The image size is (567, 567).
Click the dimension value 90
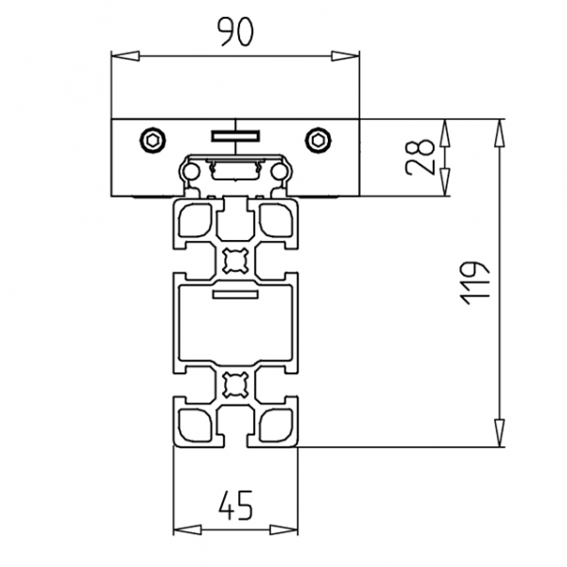(236, 33)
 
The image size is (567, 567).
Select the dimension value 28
(421, 157)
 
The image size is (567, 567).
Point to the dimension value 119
(475, 281)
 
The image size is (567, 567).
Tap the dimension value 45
(235, 508)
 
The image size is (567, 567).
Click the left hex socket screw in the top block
(151, 141)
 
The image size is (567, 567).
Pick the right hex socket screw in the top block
(319, 141)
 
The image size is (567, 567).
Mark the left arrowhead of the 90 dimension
(119, 57)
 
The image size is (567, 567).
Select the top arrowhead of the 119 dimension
(499, 126)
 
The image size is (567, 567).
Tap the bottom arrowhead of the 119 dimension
(499, 438)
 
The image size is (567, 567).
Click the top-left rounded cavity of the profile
(195, 220)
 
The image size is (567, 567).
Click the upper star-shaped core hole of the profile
(235, 258)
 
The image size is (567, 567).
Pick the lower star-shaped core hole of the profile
(235, 386)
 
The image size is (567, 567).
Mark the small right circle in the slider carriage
(280, 171)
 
